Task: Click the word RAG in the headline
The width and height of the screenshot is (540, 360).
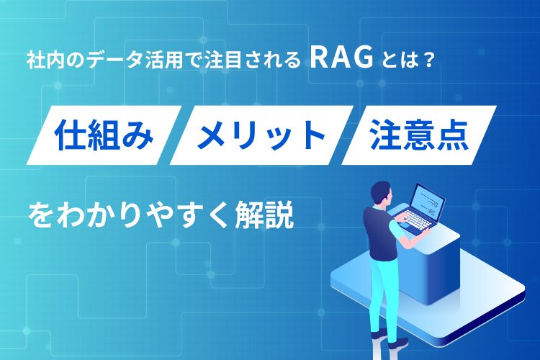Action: coord(341,58)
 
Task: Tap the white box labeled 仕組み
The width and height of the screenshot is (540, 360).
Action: coord(104,135)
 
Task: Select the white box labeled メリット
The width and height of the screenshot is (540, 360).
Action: coord(261,135)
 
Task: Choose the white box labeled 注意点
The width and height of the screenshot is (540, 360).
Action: coord(419,135)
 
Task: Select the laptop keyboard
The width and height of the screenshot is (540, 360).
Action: coord(413,220)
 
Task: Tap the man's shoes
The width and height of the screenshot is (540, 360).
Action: coord(389,340)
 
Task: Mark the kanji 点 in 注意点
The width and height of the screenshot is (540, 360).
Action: coord(453,135)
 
